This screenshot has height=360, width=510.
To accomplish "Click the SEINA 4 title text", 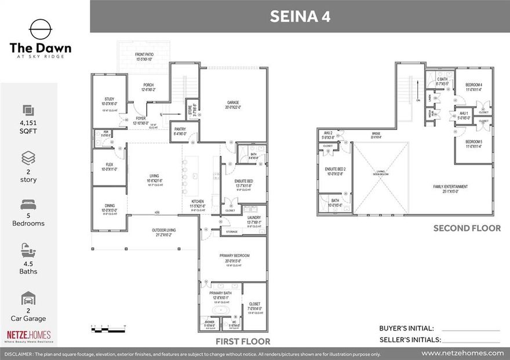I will click(300, 16).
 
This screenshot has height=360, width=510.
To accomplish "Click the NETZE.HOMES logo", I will click(28, 335).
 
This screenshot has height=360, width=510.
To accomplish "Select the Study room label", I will click(110, 101).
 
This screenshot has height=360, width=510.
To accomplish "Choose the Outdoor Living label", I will click(163, 232).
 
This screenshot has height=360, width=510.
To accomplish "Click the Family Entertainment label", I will click(450, 188).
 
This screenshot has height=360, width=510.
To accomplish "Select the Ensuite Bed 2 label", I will click(336, 170).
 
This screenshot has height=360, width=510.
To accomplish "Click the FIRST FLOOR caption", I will click(242, 341).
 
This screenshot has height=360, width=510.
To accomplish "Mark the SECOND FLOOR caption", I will click(467, 228).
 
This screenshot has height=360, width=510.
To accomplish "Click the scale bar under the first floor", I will click(108, 330).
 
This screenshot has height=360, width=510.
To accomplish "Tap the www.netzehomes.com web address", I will click(462, 353).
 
